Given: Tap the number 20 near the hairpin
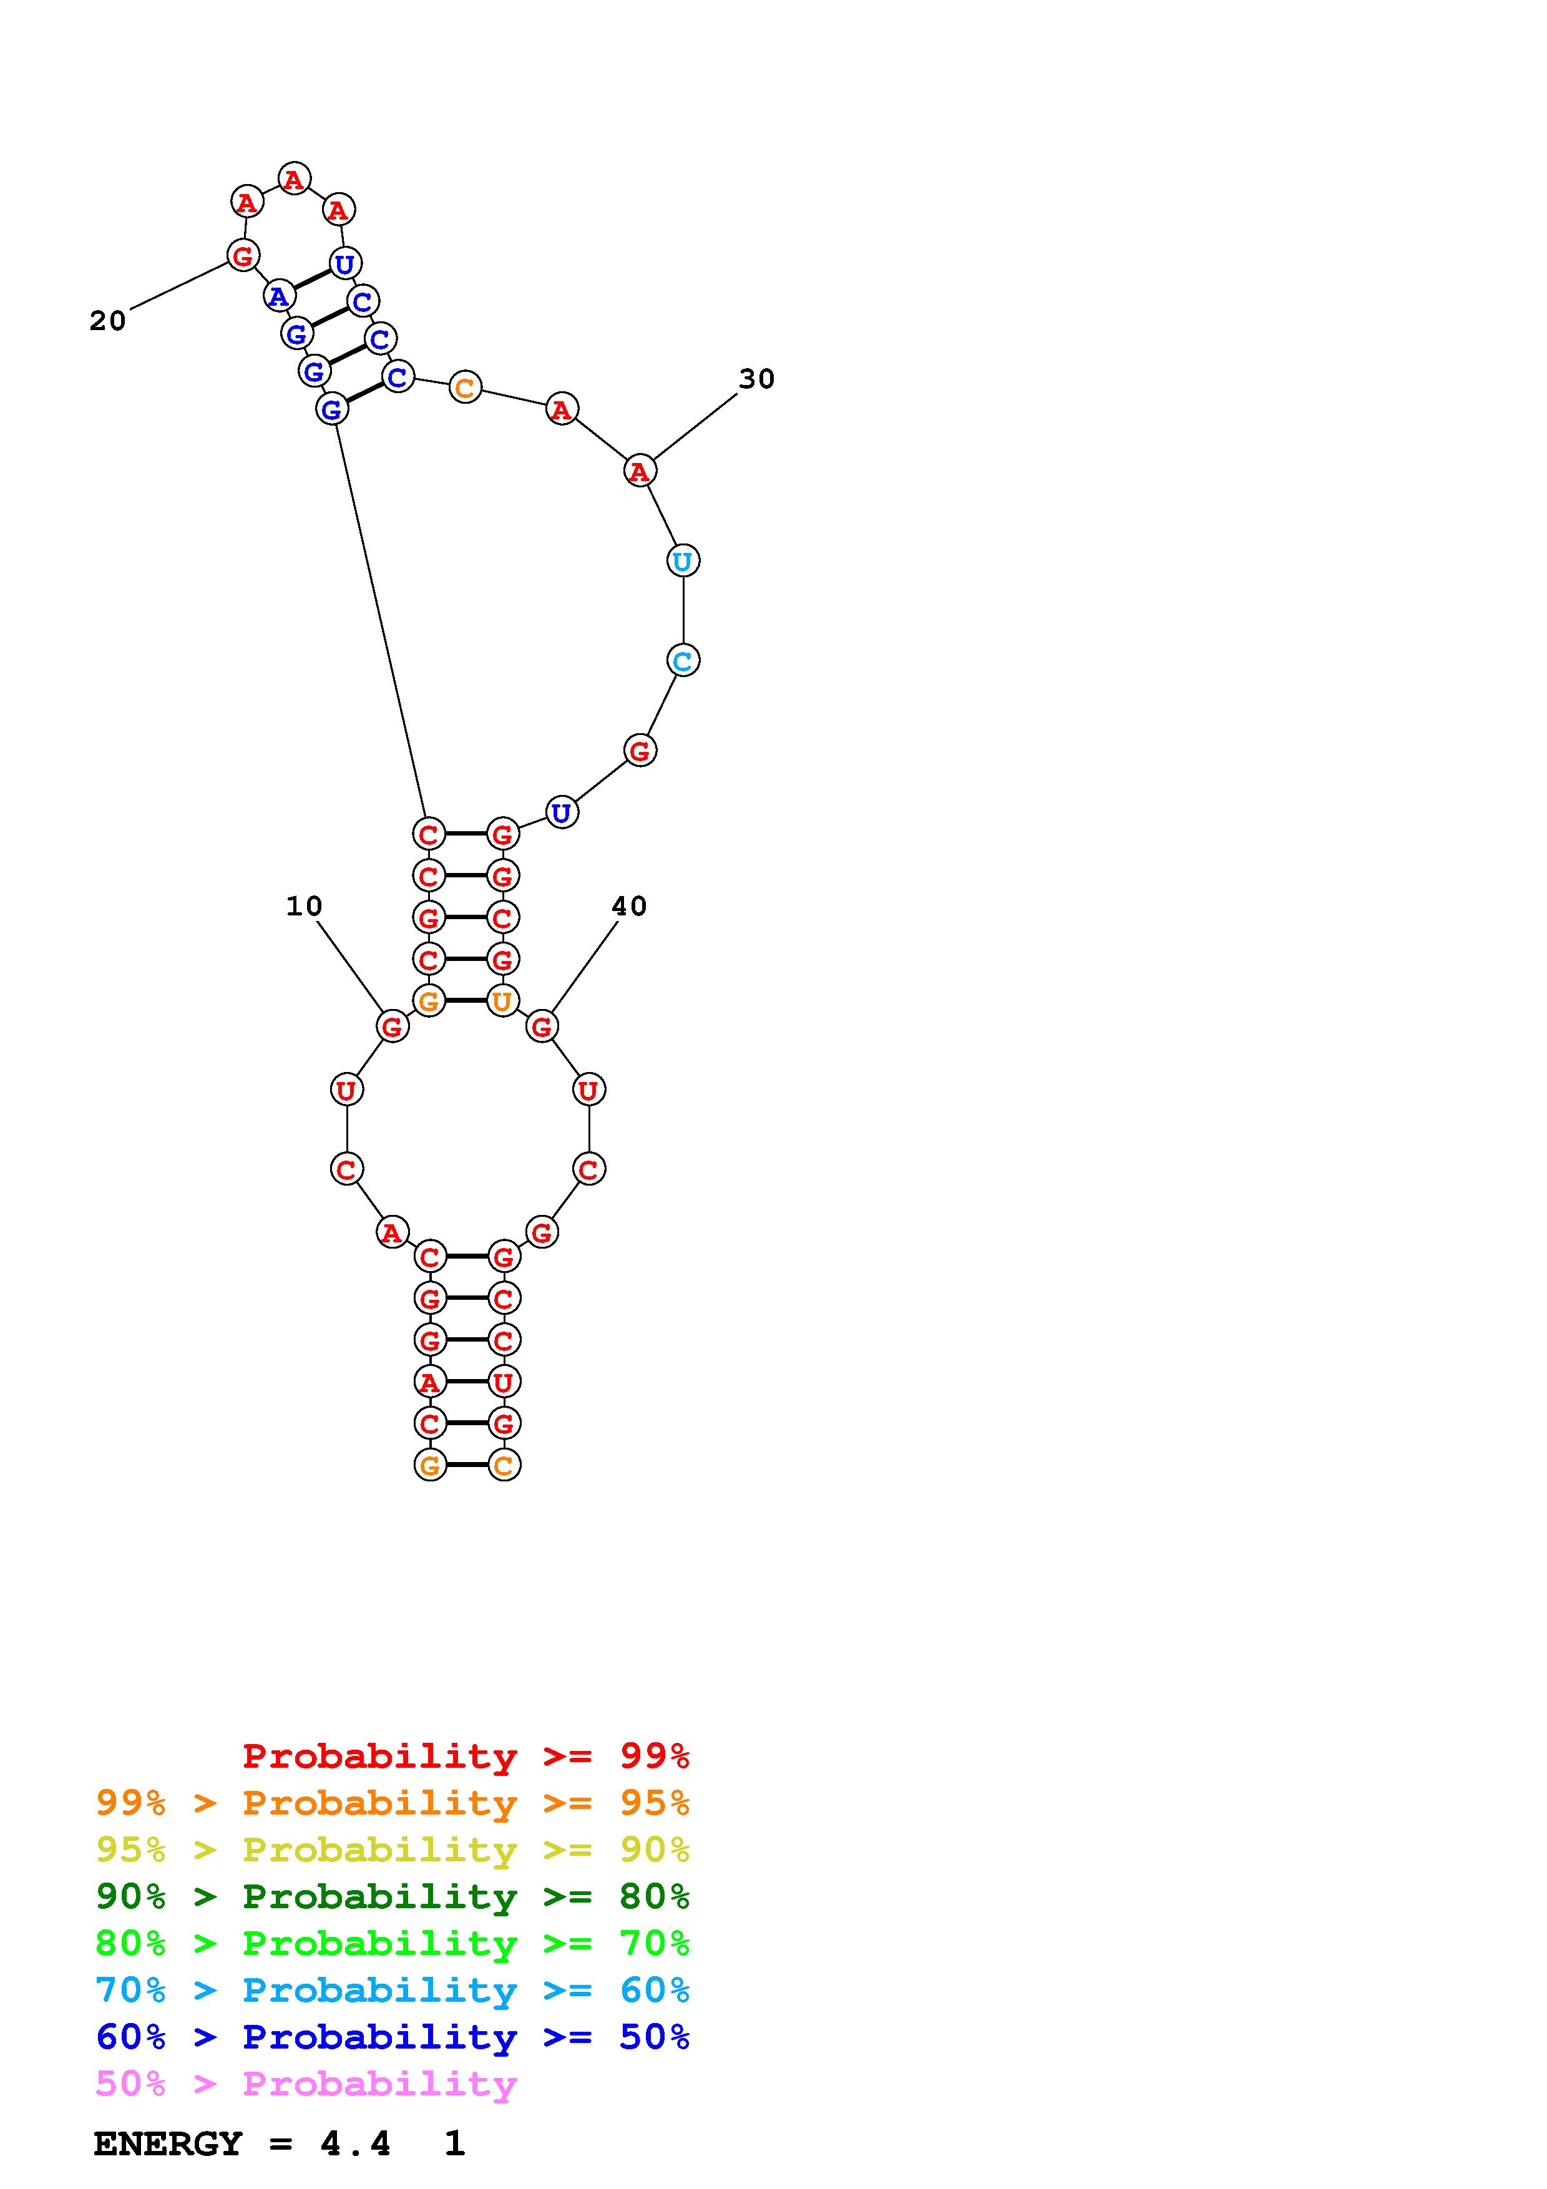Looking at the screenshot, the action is (108, 321).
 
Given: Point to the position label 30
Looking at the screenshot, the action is (757, 379).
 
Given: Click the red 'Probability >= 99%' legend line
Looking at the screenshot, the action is (466, 1756).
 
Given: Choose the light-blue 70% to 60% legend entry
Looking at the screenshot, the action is (393, 1991).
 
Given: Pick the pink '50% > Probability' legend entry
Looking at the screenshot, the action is (306, 2084).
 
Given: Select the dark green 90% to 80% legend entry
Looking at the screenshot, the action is (393, 1897).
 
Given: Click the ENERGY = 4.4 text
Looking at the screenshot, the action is (242, 2144).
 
